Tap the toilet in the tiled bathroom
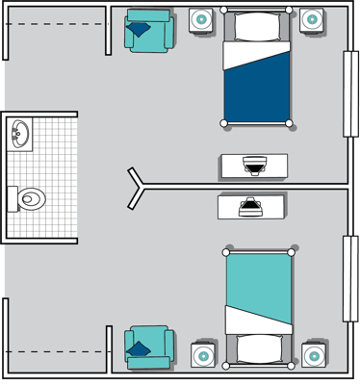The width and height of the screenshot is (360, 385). [28, 198]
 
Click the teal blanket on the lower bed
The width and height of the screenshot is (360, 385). [259, 284]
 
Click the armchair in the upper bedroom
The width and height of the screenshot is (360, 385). [148, 31]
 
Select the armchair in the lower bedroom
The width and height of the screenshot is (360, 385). [148, 348]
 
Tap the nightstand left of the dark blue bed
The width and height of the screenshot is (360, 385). [202, 19]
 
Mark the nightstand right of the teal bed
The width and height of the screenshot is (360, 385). [313, 354]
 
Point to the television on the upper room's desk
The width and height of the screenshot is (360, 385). [254, 166]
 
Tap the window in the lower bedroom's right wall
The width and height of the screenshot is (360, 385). [351, 278]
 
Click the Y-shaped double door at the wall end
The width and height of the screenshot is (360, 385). [138, 186]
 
